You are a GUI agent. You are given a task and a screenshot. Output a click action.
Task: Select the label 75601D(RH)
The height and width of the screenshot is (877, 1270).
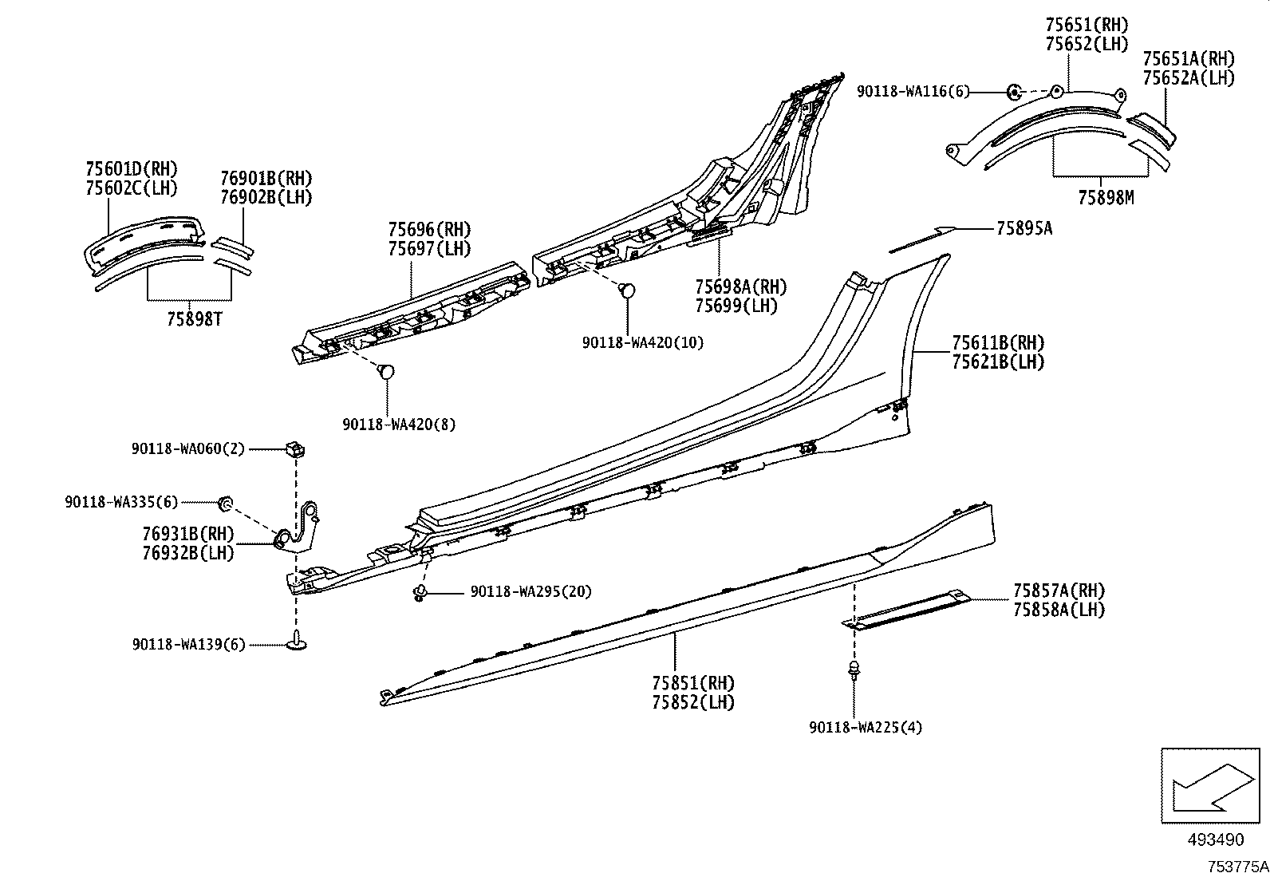tap(131, 169)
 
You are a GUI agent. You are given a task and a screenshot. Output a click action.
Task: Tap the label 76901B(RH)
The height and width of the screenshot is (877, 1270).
tap(266, 178)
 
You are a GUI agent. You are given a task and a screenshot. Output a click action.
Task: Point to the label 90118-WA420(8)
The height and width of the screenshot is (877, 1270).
tap(399, 425)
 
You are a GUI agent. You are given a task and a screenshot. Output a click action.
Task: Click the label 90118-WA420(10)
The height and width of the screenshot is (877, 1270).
tap(643, 342)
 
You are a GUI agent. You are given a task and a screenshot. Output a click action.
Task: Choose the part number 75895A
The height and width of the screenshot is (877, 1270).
tap(1023, 229)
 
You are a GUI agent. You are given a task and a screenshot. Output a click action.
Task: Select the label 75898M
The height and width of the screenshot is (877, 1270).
tap(1106, 197)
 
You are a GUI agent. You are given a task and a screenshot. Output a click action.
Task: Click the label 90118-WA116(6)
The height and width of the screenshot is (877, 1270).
tap(913, 92)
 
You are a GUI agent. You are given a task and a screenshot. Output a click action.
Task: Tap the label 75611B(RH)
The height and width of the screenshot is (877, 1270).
tap(997, 343)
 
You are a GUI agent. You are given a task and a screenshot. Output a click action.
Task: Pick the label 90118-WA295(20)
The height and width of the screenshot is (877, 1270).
tap(530, 591)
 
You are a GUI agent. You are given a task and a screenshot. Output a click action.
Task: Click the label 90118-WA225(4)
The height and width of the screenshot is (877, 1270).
tap(865, 727)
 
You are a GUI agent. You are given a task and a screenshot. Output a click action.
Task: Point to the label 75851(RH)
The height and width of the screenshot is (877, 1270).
tap(692, 683)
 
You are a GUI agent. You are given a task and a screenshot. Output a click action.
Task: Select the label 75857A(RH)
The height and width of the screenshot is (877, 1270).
tap(1059, 591)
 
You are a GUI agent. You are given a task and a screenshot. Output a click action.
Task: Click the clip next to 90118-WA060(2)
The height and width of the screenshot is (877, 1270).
tap(295, 451)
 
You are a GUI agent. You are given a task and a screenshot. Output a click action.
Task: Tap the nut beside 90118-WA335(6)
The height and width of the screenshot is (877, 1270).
tap(225, 502)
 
